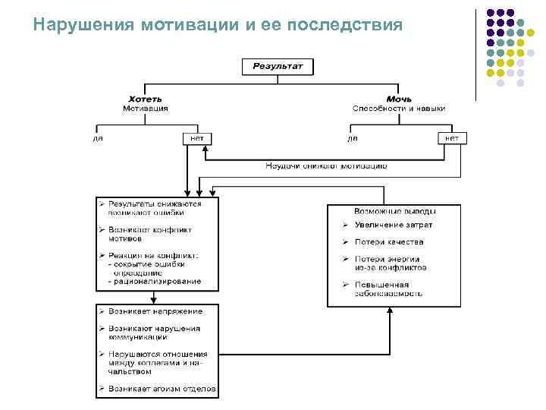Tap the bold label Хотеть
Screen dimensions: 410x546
click(x=145, y=99)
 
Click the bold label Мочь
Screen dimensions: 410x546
click(x=399, y=99)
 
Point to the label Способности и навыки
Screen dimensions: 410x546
click(x=399, y=109)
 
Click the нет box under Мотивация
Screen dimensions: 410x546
click(x=196, y=138)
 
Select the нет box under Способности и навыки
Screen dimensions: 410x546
click(x=452, y=138)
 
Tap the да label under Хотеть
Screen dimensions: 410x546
click(x=99, y=138)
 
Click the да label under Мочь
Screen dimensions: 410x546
click(x=353, y=138)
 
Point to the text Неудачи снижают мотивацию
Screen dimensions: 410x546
click(x=326, y=165)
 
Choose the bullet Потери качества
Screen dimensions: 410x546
click(x=388, y=242)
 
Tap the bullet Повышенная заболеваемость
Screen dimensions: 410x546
click(x=388, y=289)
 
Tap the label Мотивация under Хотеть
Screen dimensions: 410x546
click(x=146, y=109)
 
